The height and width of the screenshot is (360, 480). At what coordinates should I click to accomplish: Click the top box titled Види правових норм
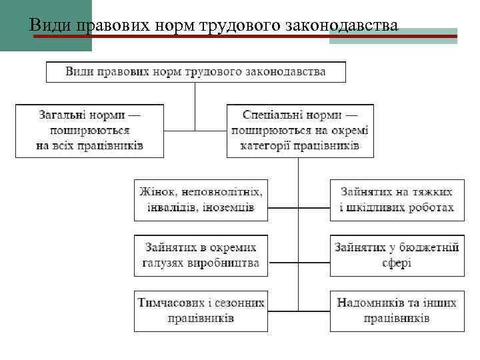pos(195,71)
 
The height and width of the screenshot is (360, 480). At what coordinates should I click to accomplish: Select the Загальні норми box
pos(89,129)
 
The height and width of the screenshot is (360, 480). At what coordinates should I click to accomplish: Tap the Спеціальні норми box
pos(299,129)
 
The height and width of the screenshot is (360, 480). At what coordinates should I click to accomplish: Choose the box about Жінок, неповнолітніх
pos(201,199)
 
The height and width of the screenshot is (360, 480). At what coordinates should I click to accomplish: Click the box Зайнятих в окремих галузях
pos(201,255)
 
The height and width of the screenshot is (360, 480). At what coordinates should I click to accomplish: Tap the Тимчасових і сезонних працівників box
pos(201,310)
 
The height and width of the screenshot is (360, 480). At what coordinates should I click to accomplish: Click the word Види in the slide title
pos(51,26)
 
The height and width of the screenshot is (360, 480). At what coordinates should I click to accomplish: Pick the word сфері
pos(397,263)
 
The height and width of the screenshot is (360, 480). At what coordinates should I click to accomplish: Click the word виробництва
pos(225,263)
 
